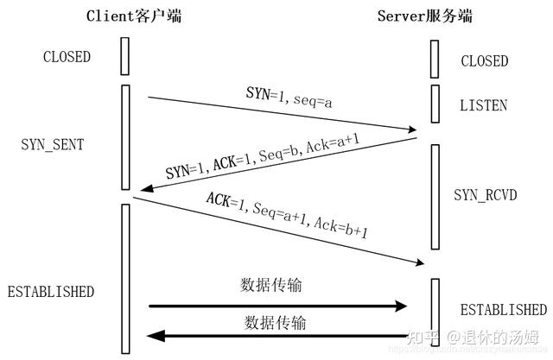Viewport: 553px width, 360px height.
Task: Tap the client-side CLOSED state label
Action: coord(66,57)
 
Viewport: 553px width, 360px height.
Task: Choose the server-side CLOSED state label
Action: coord(485,61)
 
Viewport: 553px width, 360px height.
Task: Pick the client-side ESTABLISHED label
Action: coord(50,291)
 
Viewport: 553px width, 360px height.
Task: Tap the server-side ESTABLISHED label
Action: coord(504,309)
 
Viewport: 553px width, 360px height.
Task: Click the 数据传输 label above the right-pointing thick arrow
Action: coord(273,285)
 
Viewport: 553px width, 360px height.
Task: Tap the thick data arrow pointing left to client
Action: coord(276,336)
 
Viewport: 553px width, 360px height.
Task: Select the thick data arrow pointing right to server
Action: coord(276,306)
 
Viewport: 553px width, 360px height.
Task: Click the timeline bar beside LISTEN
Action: coord(435,104)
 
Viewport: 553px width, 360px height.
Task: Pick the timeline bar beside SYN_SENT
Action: coord(125,136)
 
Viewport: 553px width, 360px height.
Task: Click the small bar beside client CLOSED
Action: coord(125,56)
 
